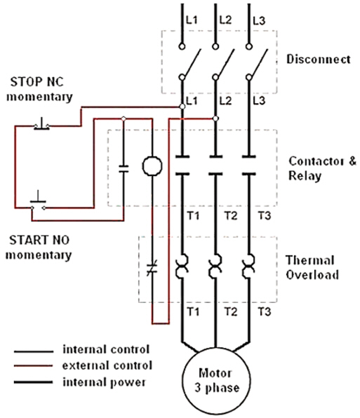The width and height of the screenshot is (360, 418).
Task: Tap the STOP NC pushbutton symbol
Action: [x=41, y=124]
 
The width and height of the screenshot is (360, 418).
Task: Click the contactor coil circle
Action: [x=152, y=166]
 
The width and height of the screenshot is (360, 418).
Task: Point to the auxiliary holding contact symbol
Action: [x=124, y=169]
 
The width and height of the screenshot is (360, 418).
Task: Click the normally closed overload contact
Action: [x=152, y=268]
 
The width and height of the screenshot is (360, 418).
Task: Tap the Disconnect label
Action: [x=319, y=59]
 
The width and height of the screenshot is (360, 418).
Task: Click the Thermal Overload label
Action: [x=312, y=267]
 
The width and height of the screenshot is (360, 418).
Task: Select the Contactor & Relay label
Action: [x=322, y=168]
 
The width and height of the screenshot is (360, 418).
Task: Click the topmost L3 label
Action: [x=259, y=21]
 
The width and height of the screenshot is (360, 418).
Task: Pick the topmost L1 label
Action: [x=192, y=20]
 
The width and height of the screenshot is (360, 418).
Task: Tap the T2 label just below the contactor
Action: [x=231, y=215]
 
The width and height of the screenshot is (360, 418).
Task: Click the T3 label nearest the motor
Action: [x=265, y=311]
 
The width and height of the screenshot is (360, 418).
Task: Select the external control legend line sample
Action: [x=34, y=366]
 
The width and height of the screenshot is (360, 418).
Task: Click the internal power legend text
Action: [x=105, y=382]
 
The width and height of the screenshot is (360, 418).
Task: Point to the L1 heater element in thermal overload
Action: [x=182, y=267]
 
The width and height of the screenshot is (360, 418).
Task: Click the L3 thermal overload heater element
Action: [x=249, y=267]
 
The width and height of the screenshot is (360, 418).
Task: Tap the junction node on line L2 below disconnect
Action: [x=215, y=119]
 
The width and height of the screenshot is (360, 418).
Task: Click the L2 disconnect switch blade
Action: [x=225, y=63]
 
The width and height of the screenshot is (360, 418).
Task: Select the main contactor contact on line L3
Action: [x=249, y=166]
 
